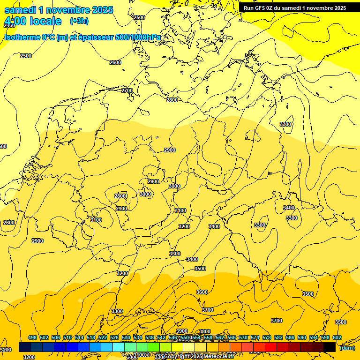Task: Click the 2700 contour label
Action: pos(127,90)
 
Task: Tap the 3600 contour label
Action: pos(202,292)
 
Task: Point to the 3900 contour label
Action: pos(181,331)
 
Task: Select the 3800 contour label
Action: pos(205,331)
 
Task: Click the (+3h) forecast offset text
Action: pos(79,21)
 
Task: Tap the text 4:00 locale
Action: pos(33,21)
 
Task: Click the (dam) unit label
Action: pos(347,348)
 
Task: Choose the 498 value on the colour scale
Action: pos(32,337)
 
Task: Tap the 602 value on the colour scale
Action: pos(337,337)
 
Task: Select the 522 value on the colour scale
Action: pos(103,337)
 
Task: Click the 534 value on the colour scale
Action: pos(138,337)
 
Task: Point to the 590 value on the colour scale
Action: pos(302,337)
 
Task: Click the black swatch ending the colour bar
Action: pos(330,347)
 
